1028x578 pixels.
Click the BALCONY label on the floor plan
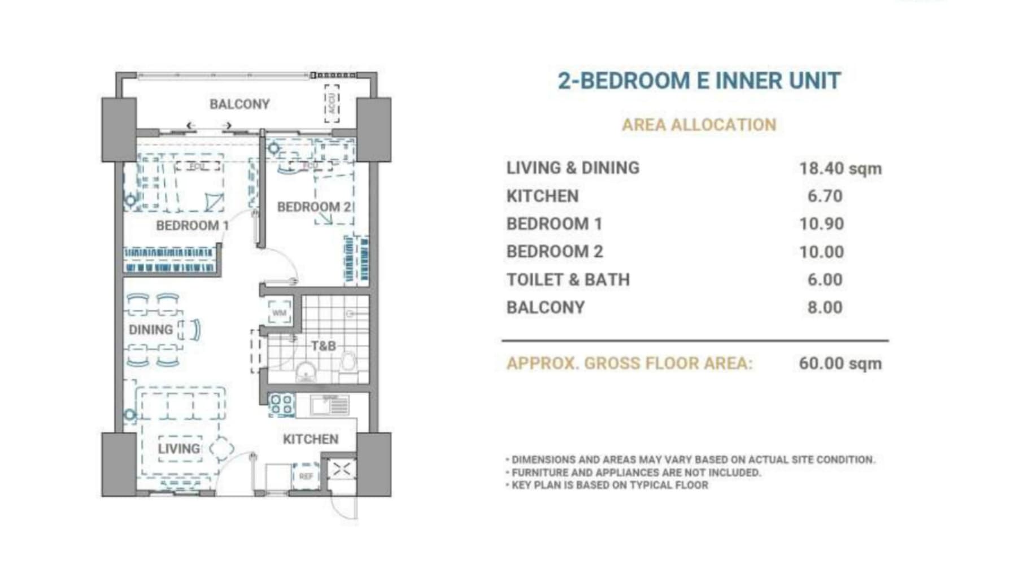click(239, 104)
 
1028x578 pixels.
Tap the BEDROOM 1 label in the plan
click(192, 226)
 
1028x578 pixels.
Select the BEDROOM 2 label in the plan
click(314, 207)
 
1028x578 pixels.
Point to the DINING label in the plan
click(150, 330)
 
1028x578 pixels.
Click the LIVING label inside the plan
click(179, 449)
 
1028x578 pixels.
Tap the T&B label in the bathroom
click(323, 345)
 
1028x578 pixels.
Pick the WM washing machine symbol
click(279, 313)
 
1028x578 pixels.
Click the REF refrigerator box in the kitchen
click(306, 476)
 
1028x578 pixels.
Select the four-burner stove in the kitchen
click(281, 404)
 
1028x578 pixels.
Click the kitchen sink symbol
click(329, 404)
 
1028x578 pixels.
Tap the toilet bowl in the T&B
click(348, 364)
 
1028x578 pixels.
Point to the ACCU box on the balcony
click(332, 104)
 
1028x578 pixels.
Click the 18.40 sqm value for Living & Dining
click(840, 169)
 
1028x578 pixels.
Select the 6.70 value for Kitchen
click(825, 196)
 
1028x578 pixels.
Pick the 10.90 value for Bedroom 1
click(821, 224)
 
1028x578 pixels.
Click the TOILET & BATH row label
click(568, 280)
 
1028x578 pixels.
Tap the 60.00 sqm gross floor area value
click(840, 364)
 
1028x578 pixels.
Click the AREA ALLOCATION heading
click(699, 125)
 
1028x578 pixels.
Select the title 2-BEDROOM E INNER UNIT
click(699, 81)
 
